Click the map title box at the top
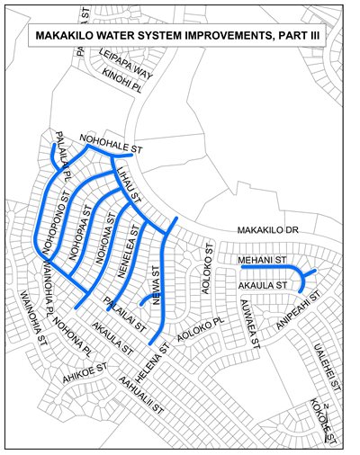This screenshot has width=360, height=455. tap(179, 37)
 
